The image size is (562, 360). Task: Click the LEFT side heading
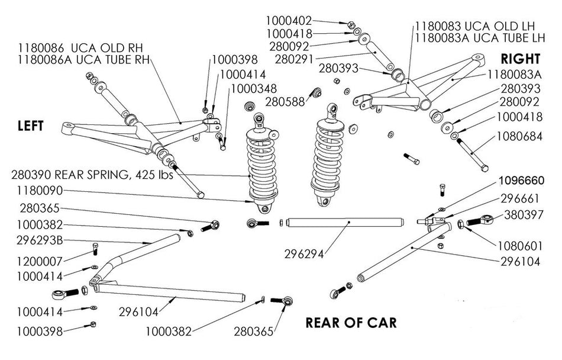coord(31,126)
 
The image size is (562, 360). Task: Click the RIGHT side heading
coord(521,59)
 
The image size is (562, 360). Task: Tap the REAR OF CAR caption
coord(351,323)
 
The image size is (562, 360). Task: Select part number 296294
coord(304,254)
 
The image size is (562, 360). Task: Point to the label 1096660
coord(522,181)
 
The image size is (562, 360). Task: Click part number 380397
coord(524,215)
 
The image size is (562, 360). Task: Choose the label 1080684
coord(519,136)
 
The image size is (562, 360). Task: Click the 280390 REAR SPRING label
coord(92,175)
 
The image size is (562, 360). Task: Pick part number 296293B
coord(40,240)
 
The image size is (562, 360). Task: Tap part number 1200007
coord(40,261)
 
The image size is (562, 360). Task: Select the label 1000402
coord(289,21)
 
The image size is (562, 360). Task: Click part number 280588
coord(285,102)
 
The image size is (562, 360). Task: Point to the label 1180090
coord(40,191)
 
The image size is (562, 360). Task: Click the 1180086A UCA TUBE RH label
coord(83,59)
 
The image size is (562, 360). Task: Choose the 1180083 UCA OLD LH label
coord(475,26)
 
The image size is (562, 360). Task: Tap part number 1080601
coord(519,246)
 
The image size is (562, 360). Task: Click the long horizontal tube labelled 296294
coord(345,222)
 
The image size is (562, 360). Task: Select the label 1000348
coord(254,88)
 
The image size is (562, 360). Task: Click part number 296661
coord(520,198)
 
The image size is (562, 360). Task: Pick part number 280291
coord(294,59)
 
